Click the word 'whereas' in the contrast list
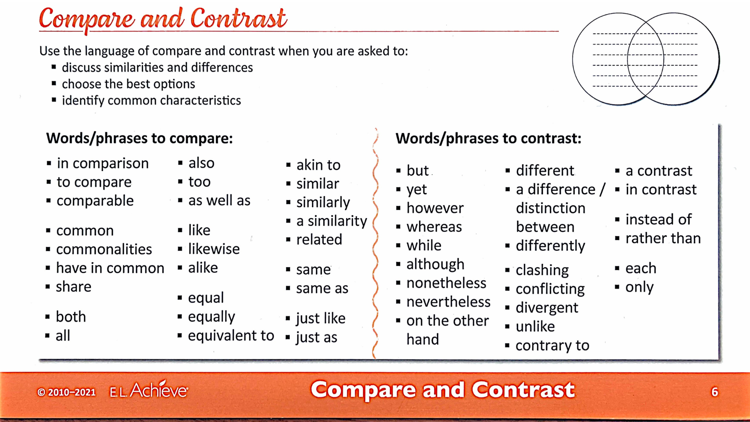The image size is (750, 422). pos(434,227)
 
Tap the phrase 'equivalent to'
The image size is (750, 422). pos(231,336)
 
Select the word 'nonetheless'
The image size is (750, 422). pos(446,283)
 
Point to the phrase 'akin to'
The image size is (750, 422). pos(318,165)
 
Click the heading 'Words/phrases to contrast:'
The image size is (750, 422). pos(488,138)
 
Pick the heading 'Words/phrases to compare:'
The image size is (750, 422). pos(139,138)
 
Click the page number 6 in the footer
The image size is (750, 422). pos(714,392)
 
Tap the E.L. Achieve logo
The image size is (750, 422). pos(149,390)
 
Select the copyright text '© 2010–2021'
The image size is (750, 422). pos(66,392)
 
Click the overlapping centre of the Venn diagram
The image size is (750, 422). pos(646,59)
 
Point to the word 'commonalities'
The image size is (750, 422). pos(104,249)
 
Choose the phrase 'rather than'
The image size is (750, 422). pos(663,238)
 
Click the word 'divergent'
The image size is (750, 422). pos(546,308)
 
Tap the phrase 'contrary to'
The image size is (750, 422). pos(552,345)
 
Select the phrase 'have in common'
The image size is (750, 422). pos(110,268)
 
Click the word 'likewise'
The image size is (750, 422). pos(214,249)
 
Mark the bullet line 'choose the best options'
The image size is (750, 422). pos(129,84)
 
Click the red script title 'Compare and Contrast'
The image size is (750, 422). pos(162,19)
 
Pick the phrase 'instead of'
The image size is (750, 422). pos(658,219)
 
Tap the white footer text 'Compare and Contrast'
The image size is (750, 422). pos(443,390)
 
